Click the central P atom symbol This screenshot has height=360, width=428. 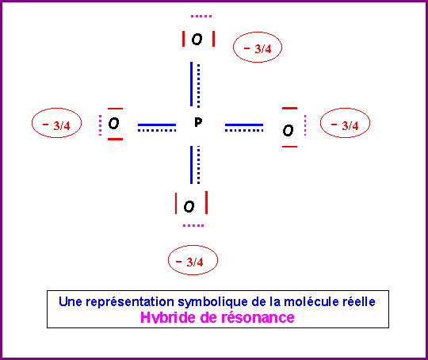(x=198, y=122)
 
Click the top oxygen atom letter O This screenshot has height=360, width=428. (x=197, y=40)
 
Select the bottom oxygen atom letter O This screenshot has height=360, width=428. (x=189, y=206)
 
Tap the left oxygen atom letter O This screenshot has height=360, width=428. (x=113, y=123)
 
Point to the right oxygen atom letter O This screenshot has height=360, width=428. (x=288, y=130)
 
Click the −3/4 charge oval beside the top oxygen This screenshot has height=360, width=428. (x=258, y=48)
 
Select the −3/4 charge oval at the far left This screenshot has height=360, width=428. (x=56, y=123)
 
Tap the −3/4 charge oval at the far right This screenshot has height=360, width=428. (x=345, y=123)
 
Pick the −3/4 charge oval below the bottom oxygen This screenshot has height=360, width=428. (x=193, y=260)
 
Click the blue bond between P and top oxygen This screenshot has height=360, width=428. (x=195, y=84)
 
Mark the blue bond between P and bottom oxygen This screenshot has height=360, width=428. (x=195, y=165)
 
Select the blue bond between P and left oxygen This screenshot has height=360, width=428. (x=157, y=128)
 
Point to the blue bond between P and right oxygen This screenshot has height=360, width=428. (x=244, y=128)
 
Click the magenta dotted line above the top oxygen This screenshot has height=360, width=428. (x=201, y=17)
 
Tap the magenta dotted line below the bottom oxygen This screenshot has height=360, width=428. (x=193, y=226)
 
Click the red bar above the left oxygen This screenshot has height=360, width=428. (x=115, y=109)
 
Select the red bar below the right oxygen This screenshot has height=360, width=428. (x=289, y=147)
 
